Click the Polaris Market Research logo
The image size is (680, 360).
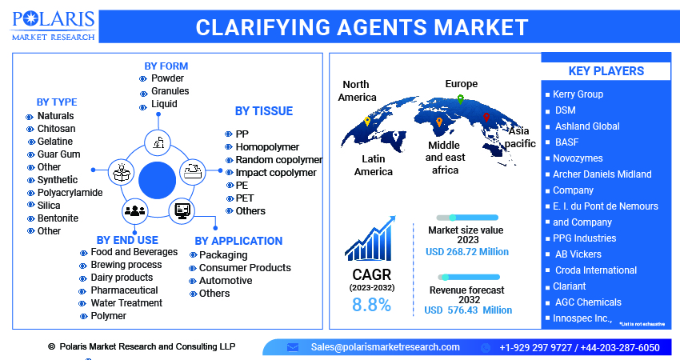(52, 26)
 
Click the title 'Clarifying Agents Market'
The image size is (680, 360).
(362, 27)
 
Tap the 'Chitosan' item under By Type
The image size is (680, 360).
(56, 129)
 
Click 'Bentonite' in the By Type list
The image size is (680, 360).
(58, 218)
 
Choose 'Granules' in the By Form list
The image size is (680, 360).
(170, 91)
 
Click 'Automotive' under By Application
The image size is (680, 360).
(225, 281)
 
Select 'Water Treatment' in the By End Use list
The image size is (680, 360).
(126, 303)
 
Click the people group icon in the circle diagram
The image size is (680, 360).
(134, 210)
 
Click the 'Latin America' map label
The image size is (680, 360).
(373, 165)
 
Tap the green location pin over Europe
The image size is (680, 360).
(460, 100)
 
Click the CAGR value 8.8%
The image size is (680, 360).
(371, 305)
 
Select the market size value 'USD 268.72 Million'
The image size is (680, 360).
(466, 252)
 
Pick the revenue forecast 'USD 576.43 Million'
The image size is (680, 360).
(466, 310)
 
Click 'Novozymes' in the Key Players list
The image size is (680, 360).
(578, 158)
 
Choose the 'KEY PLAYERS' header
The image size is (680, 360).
(606, 71)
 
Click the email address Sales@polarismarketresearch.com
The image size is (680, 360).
(385, 347)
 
